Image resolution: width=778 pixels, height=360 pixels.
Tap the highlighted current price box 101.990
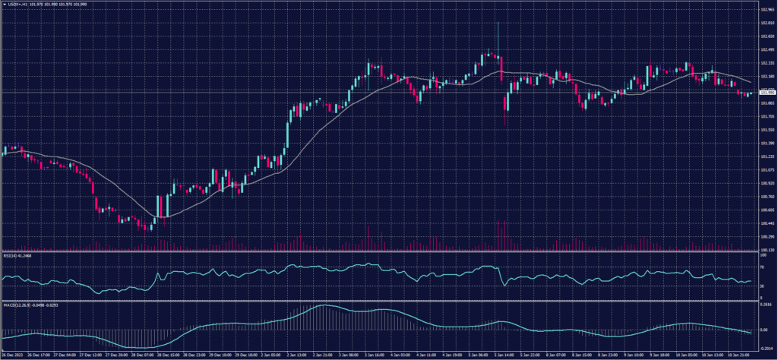tap(767, 93)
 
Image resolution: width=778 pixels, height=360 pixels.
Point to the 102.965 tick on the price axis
tap(767, 11)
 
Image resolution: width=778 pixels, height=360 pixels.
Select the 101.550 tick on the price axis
tap(767, 130)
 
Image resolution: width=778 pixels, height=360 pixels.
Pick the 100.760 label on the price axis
tap(767, 196)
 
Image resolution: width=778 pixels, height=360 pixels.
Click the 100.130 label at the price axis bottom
tap(767, 249)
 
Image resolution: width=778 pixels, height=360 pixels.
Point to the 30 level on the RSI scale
tap(762, 286)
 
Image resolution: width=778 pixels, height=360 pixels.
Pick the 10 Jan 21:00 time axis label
tap(741, 355)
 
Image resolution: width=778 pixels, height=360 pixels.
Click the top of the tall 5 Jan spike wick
tap(498, 24)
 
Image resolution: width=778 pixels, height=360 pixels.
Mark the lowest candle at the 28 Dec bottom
tap(144, 230)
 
